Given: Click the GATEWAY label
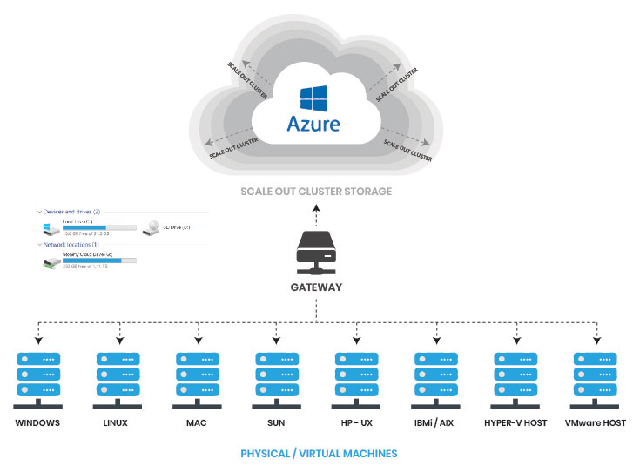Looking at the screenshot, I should click(317, 287).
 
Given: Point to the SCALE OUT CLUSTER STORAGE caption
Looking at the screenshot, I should click(317, 191).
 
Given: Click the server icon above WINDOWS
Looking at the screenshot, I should click(37, 375).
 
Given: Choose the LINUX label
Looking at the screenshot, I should click(117, 423).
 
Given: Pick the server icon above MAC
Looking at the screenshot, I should click(197, 375).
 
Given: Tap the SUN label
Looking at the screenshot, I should click(277, 423).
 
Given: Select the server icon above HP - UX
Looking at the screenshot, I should click(357, 375).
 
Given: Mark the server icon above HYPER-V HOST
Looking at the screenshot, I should click(517, 375).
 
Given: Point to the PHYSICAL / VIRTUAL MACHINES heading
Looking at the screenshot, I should click(319, 453).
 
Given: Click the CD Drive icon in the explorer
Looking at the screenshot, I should click(153, 227).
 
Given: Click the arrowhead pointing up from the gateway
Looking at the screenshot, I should click(317, 207).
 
